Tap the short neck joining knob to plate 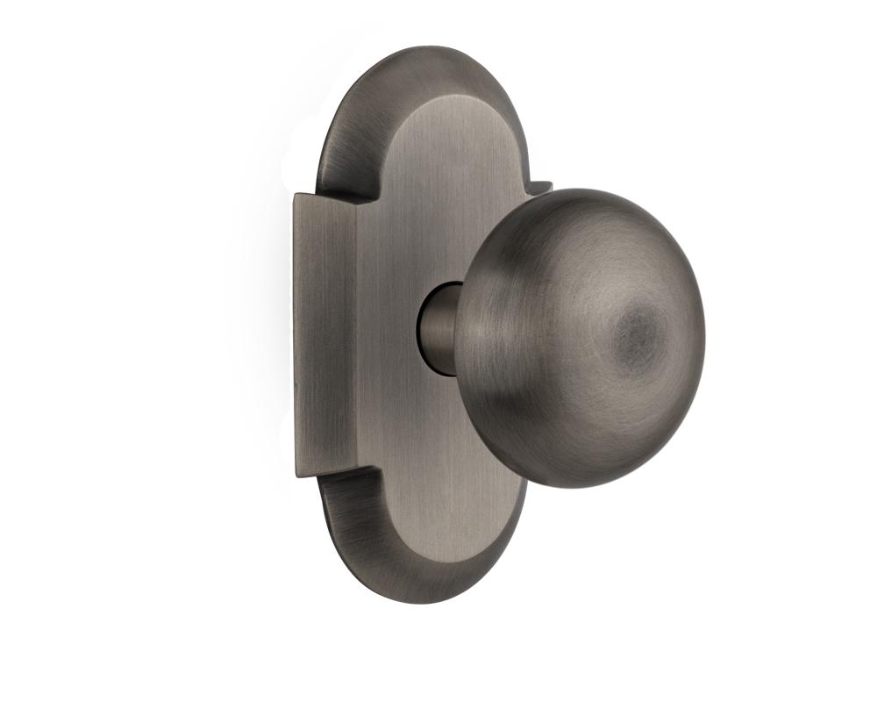click(438, 326)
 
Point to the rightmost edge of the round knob click(704, 338)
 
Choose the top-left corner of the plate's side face click(296, 195)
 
